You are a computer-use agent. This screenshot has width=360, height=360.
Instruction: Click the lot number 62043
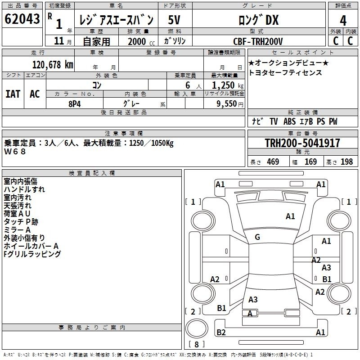(22, 19)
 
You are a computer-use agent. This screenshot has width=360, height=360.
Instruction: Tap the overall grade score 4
(343, 21)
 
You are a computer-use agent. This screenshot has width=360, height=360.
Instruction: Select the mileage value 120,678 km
(53, 65)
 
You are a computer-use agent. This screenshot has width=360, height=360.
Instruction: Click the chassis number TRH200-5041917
(302, 143)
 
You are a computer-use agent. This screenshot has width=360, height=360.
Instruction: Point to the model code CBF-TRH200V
(258, 41)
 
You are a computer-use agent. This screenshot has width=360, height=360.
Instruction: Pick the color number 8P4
(75, 104)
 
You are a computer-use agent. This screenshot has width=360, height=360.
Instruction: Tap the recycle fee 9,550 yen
(230, 104)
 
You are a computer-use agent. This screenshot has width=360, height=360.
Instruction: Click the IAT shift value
(13, 94)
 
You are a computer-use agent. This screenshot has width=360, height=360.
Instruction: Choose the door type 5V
(174, 20)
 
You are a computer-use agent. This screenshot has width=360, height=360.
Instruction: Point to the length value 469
(273, 162)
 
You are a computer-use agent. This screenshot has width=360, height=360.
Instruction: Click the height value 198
(346, 162)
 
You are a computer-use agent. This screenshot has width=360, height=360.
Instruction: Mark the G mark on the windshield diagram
(257, 237)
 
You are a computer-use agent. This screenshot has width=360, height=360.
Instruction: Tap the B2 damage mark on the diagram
(221, 332)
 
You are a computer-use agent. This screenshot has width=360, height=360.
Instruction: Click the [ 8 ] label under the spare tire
(197, 344)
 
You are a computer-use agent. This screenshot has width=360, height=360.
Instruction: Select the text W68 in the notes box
(15, 152)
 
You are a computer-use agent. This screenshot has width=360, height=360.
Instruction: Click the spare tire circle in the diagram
(197, 328)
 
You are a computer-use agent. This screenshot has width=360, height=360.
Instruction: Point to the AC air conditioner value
(35, 94)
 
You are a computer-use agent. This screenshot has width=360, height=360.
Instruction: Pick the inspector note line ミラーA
(17, 230)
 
